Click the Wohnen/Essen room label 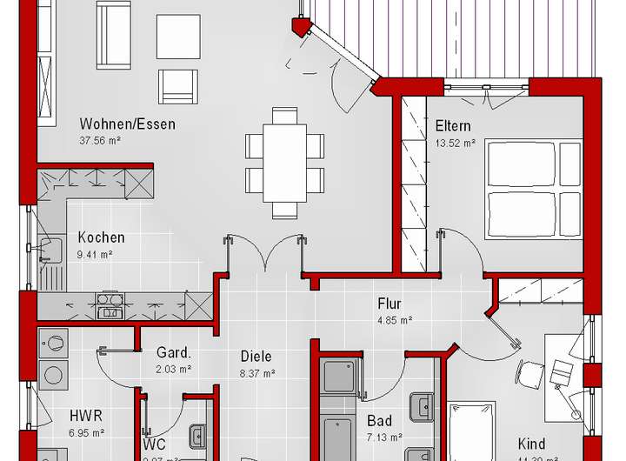[x=127, y=124]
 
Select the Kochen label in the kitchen [x=101, y=237]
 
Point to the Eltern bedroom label [x=453, y=126]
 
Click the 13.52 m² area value [x=455, y=143]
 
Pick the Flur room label [x=389, y=304]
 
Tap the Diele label [x=256, y=356]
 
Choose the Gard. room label [x=173, y=353]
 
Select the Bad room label [x=379, y=421]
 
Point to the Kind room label [x=532, y=443]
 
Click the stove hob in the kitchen [x=110, y=306]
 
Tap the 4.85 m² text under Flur [x=394, y=320]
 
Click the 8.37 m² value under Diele [x=256, y=372]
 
